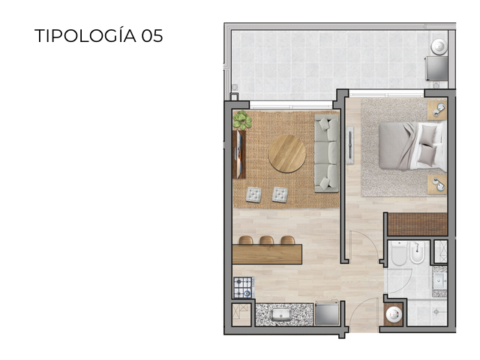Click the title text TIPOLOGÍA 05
(x=98, y=36)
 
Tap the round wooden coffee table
(x=287, y=153)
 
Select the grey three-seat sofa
(x=326, y=153)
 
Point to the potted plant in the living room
(x=241, y=120)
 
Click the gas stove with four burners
(x=243, y=287)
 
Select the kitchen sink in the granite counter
(x=281, y=314)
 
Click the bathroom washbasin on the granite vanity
(x=439, y=280)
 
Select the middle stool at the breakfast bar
(x=266, y=241)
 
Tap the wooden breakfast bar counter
(x=266, y=253)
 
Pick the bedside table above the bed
(x=437, y=110)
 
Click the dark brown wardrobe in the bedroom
(x=416, y=223)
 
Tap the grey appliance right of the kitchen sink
(x=325, y=313)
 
